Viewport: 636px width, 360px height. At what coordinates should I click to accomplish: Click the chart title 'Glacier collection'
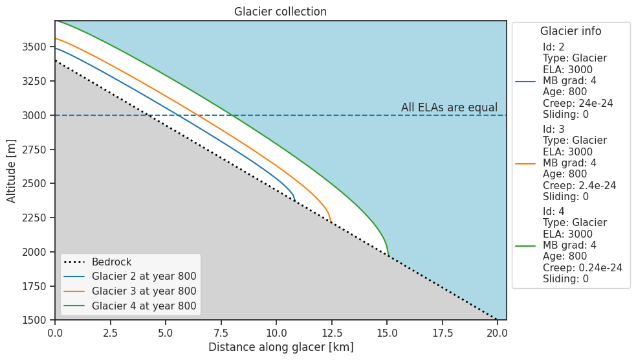coord(280,12)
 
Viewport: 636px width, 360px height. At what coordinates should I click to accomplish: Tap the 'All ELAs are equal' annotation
coord(449,107)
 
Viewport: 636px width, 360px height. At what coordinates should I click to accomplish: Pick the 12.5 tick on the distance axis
coord(331,332)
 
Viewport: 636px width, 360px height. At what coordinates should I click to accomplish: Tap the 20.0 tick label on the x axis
coord(497,332)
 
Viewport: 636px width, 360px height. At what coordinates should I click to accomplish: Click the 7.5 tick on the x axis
coord(221,332)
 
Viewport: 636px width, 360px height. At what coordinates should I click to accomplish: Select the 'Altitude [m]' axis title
coord(12,170)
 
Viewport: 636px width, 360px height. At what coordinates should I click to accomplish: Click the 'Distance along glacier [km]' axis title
coord(280,347)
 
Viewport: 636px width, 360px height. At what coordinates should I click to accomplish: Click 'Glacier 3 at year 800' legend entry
coord(144,291)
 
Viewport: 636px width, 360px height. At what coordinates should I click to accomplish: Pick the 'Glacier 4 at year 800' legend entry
coord(144,306)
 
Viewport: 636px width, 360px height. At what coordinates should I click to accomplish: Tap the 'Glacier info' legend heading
coord(571,31)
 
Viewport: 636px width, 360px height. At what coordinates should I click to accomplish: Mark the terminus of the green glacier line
coord(388,255)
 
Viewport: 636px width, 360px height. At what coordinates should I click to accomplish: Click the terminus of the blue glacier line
coord(295,201)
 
